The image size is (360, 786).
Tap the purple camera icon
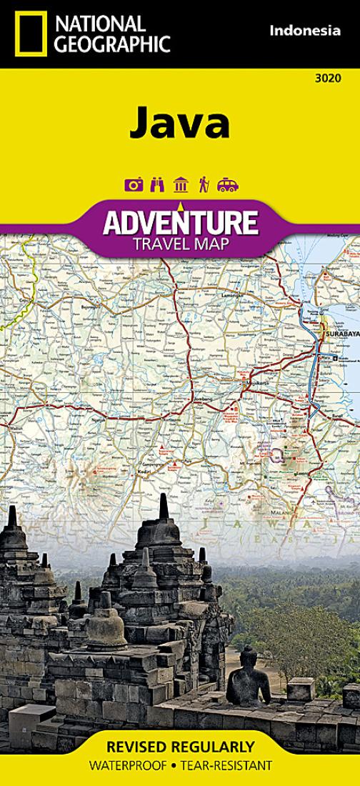[134, 185]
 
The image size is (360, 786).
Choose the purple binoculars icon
[157, 185]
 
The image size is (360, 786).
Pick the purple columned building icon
[181, 185]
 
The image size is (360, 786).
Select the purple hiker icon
[204, 185]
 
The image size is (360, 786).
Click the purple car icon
[228, 185]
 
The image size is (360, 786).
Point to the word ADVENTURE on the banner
[179, 223]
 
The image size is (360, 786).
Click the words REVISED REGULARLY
[179, 747]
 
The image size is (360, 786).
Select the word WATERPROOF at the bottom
[129, 766]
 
